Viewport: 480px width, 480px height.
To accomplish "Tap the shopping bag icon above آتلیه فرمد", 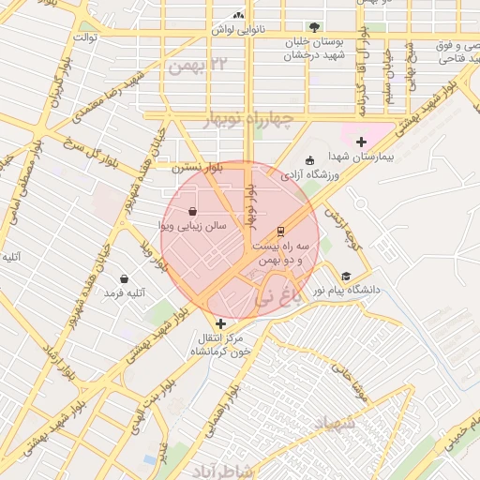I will point(125,278).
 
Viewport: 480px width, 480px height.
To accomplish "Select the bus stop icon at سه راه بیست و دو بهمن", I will point(279,231).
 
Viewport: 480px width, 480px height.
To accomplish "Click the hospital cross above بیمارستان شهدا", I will point(361,141).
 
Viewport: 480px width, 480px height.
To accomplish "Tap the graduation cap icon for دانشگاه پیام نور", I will point(347,276).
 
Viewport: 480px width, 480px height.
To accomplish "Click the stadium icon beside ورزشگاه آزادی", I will point(310,159).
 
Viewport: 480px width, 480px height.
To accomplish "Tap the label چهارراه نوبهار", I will point(248,120).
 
